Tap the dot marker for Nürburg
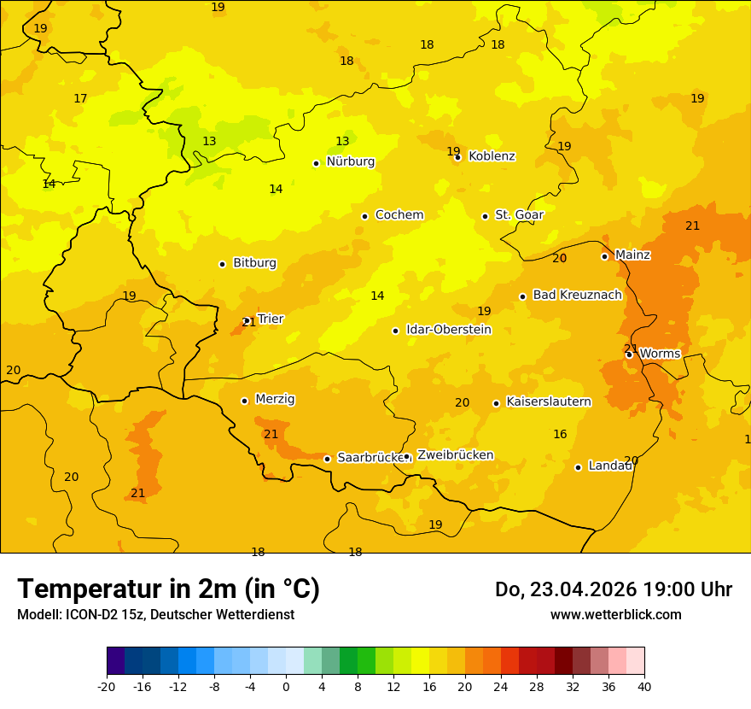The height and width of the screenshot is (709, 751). point(316,163)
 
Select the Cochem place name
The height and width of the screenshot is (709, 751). point(399,215)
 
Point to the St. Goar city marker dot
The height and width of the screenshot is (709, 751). point(485,216)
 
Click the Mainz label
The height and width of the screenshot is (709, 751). point(632,255)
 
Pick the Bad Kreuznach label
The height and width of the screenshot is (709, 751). point(577,296)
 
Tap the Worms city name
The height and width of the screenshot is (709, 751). point(660,354)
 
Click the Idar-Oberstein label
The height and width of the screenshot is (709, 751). point(448,330)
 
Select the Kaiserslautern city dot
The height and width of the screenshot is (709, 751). point(496,403)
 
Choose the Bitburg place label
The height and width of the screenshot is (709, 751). point(254,263)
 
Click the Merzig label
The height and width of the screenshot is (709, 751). point(275,399)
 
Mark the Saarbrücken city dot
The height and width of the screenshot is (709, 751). point(327,459)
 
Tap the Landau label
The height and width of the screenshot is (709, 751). point(610,466)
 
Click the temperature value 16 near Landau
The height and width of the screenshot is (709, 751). point(560,435)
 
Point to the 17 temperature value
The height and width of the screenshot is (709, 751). point(80,99)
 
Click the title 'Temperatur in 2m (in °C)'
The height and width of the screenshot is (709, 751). point(169,589)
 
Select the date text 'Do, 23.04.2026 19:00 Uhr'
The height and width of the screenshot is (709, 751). point(613,589)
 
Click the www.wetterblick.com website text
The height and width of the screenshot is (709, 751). point(615,615)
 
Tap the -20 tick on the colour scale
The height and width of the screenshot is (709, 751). point(107,687)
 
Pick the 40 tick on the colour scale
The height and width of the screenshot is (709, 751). point(644,687)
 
